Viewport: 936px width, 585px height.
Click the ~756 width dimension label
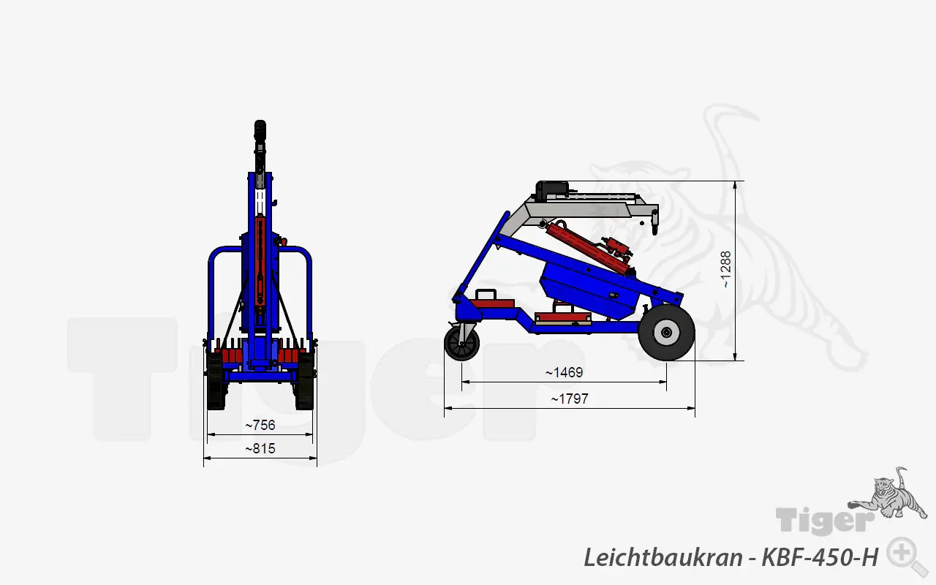[x=260, y=425]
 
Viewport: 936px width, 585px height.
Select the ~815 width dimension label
[x=260, y=448]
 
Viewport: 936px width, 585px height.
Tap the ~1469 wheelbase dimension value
[x=564, y=372]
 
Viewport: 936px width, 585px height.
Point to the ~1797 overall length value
[x=569, y=399]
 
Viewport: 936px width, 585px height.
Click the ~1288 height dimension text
[x=725, y=269]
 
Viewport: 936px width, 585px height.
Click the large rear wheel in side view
[x=666, y=333]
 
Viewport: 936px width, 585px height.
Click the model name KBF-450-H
[x=819, y=557]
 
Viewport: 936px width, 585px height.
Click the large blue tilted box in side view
[x=589, y=288]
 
